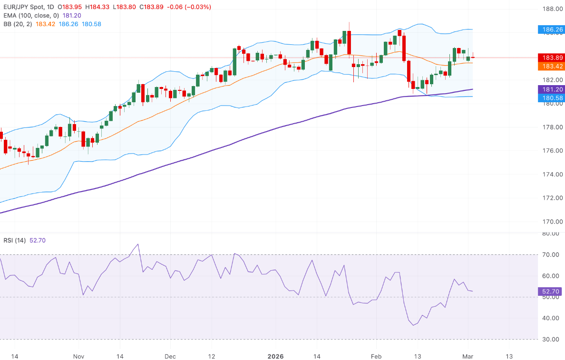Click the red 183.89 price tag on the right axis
pyautogui.click(x=550, y=58)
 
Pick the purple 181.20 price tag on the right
pyautogui.click(x=550, y=89)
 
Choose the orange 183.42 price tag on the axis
pyautogui.click(x=550, y=66)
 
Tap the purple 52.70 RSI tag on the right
pyautogui.click(x=550, y=292)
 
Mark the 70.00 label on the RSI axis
pyautogui.click(x=550, y=255)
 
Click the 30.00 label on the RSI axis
pyautogui.click(x=550, y=339)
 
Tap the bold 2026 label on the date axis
pyautogui.click(x=275, y=356)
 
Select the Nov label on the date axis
pyautogui.click(x=79, y=356)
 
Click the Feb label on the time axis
pyautogui.click(x=376, y=356)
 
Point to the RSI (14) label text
pyautogui.click(x=14, y=240)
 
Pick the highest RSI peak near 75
pyautogui.click(x=138, y=244)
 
